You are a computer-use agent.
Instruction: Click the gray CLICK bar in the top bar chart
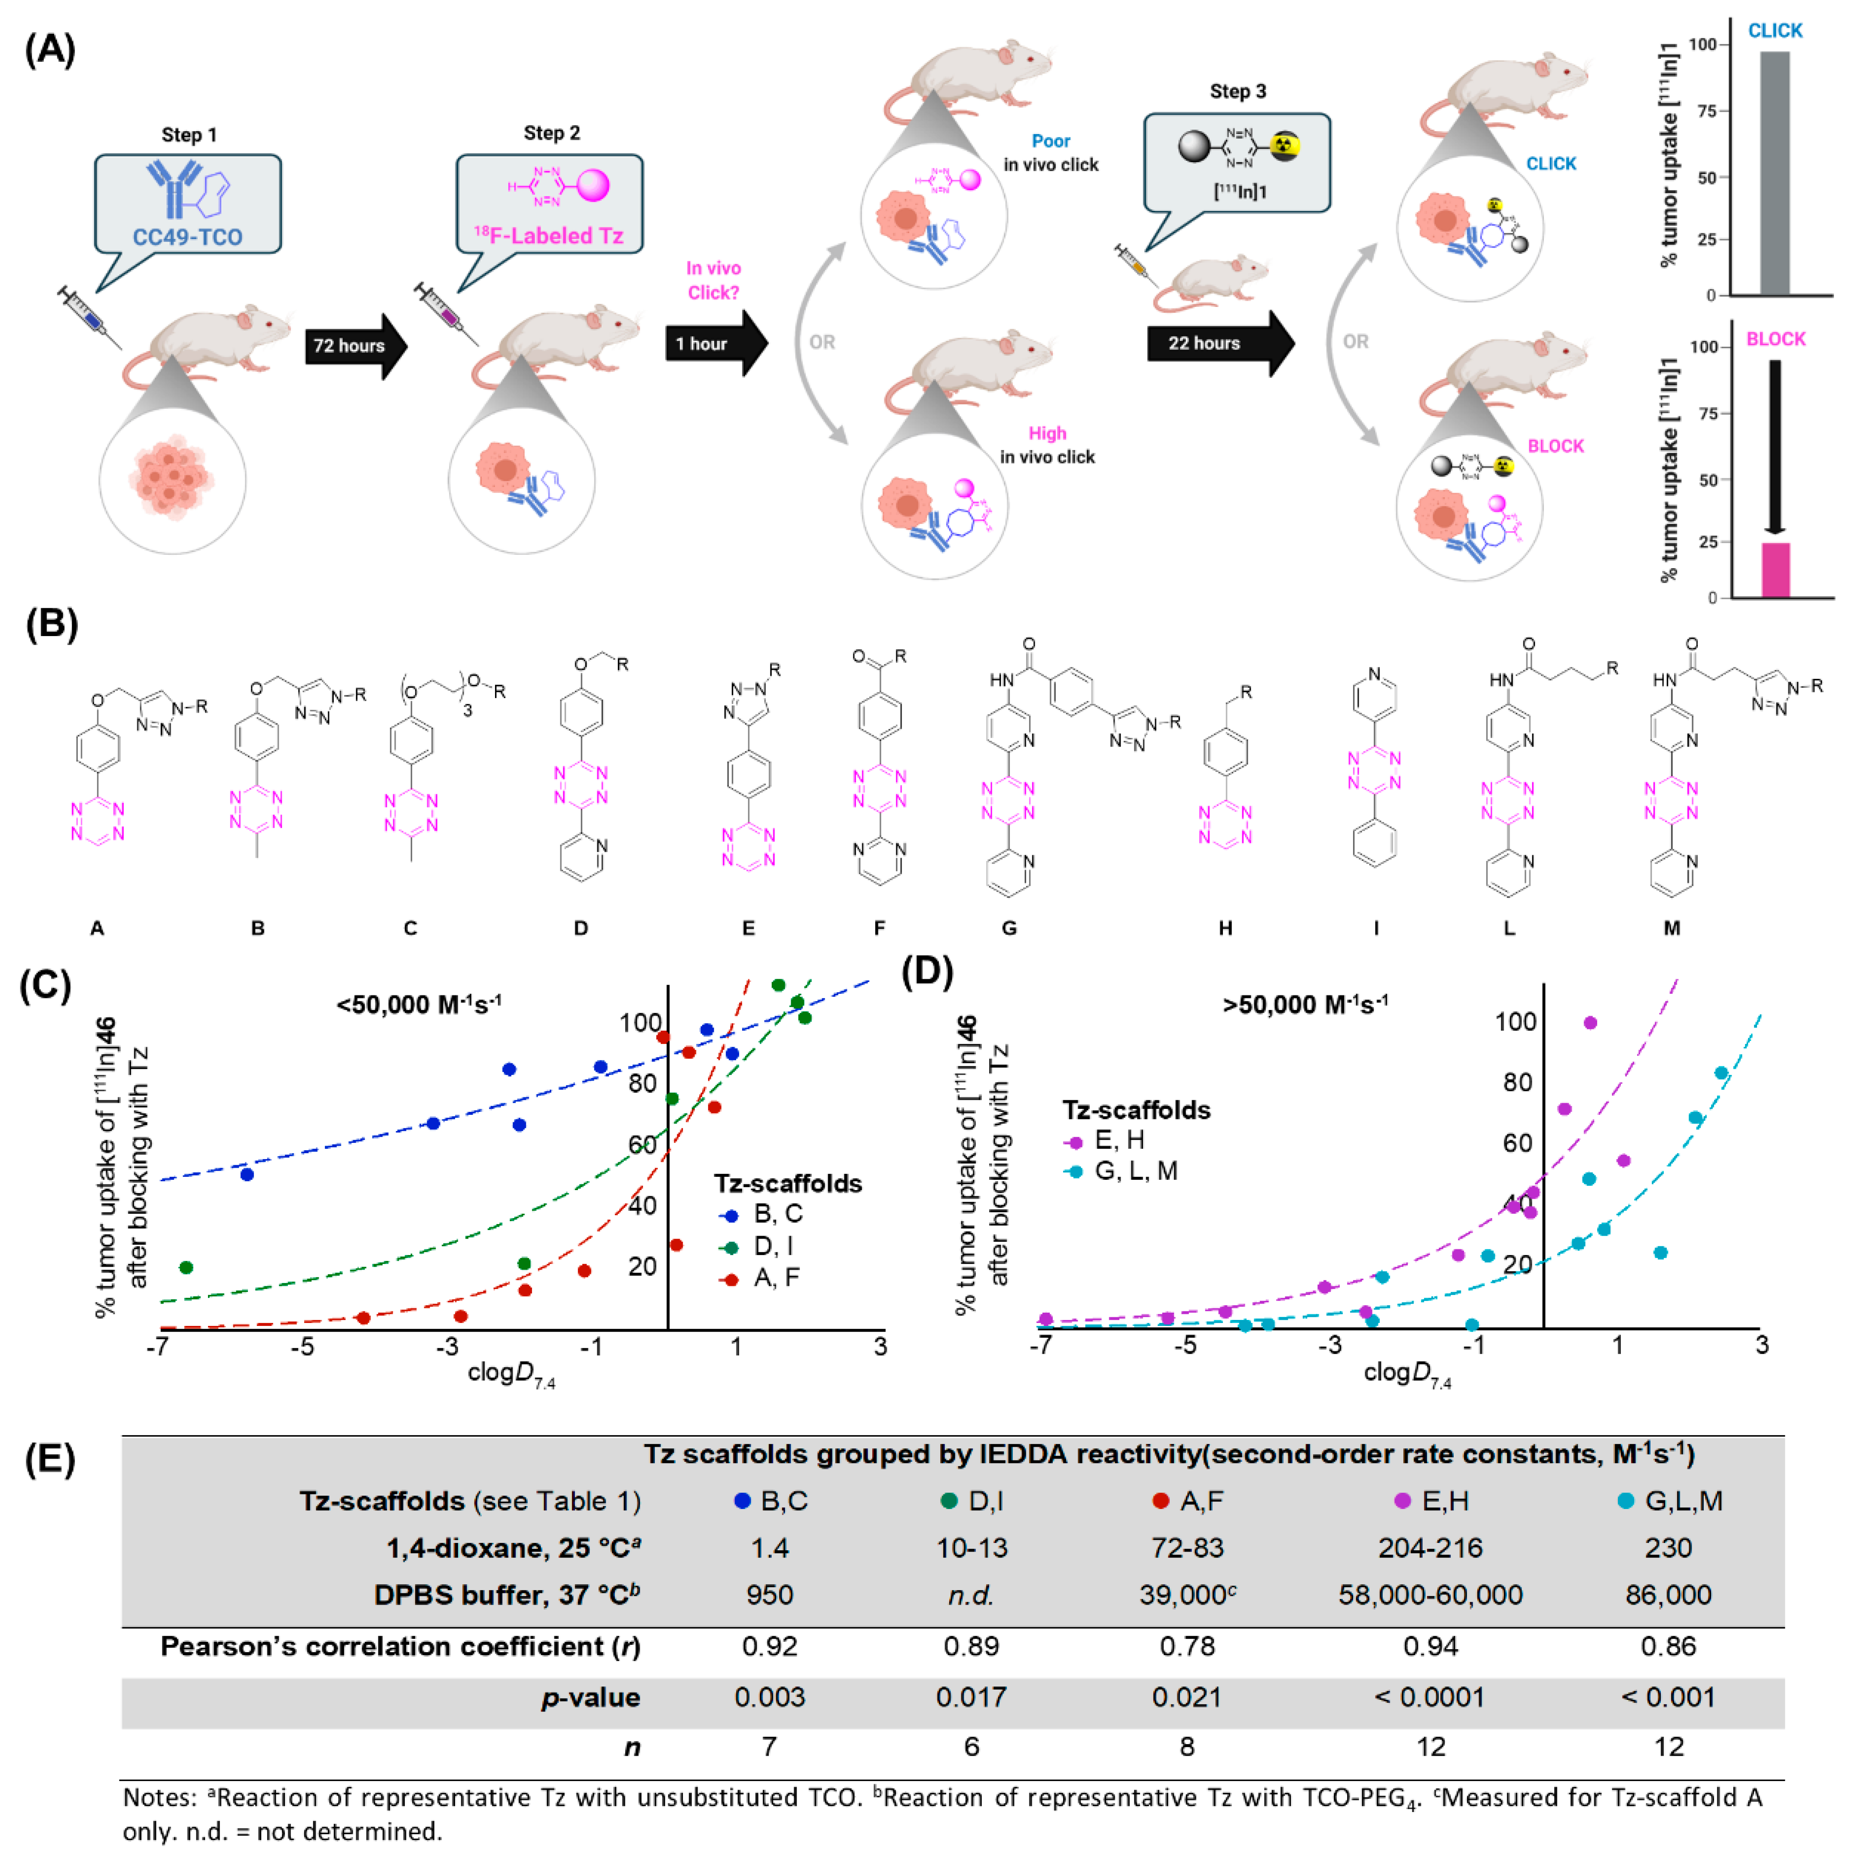[1774, 173]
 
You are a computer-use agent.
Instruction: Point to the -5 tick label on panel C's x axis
[303, 1346]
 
